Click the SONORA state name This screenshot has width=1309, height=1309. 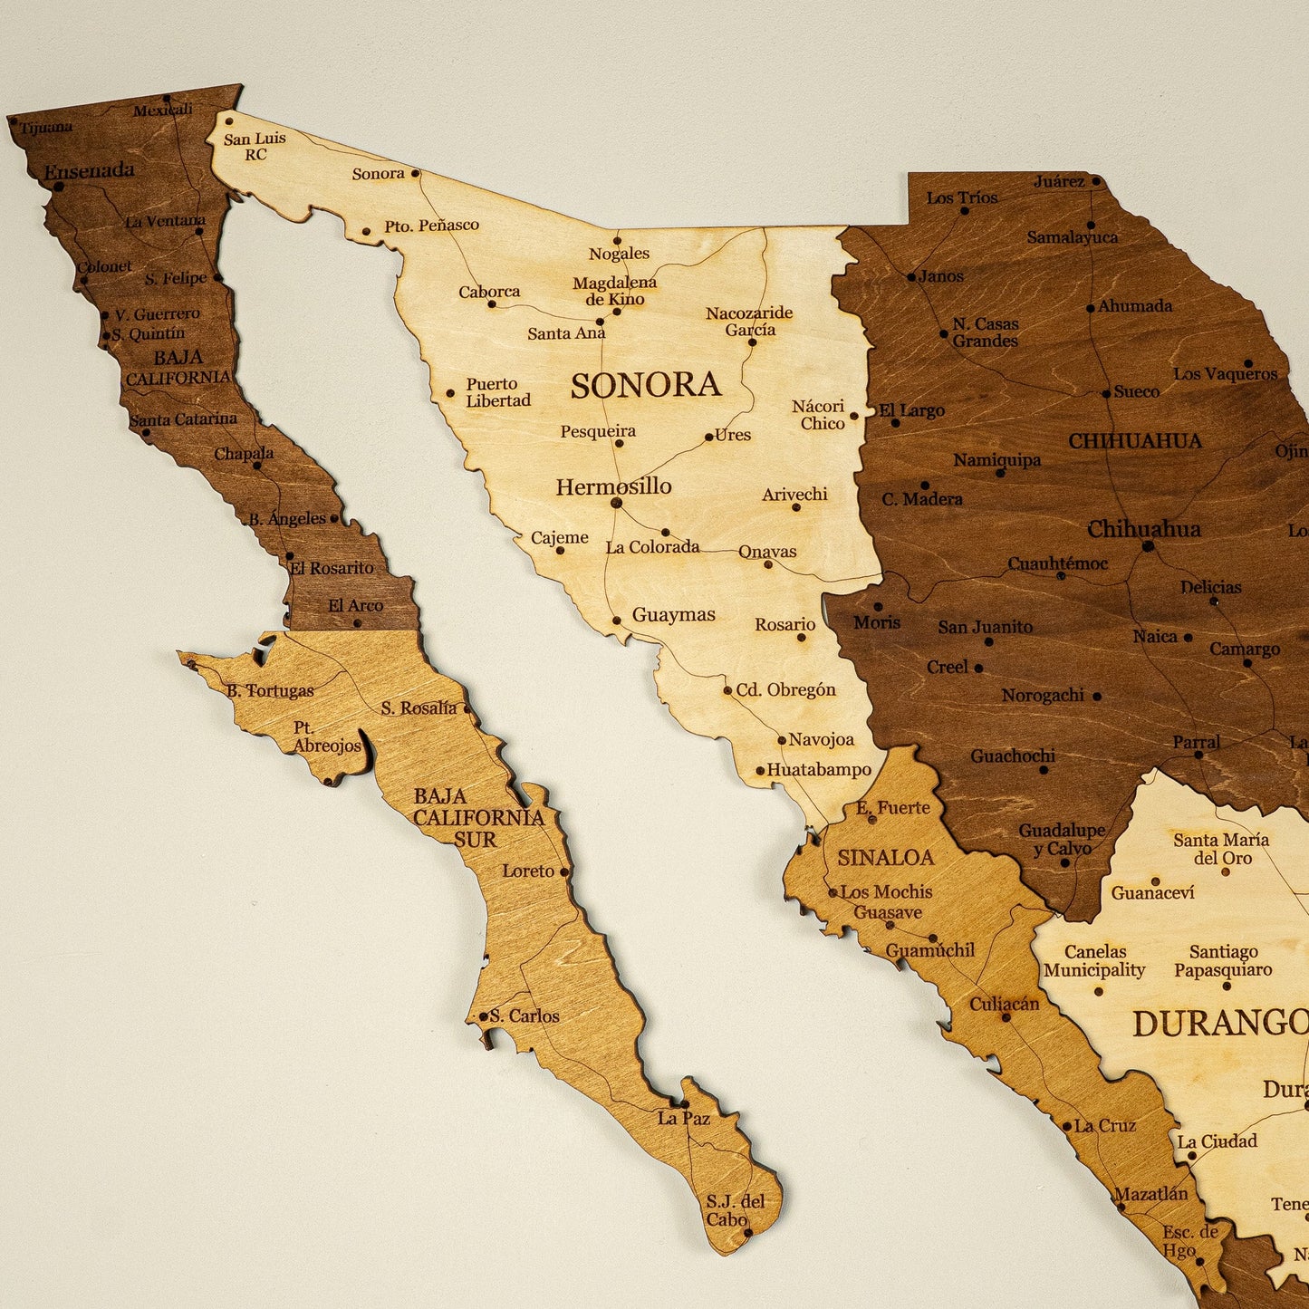tap(645, 385)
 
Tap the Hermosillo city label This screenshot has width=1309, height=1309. tap(613, 486)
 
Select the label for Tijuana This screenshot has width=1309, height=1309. tap(46, 128)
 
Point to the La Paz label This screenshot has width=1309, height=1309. tap(684, 1118)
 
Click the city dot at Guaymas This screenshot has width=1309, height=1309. tap(616, 621)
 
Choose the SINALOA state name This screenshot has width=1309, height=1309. tap(885, 857)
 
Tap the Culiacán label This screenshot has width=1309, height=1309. tap(1004, 1004)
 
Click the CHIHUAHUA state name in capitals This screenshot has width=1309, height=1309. tap(1134, 441)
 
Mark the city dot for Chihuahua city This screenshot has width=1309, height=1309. tap(1148, 545)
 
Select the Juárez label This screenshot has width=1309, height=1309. tap(1059, 181)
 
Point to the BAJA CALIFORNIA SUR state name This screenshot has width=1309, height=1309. tap(477, 817)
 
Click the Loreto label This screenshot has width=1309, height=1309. tap(528, 871)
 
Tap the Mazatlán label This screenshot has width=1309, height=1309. tap(1150, 1194)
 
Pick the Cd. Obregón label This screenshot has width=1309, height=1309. tap(785, 689)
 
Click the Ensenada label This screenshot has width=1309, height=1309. tap(89, 169)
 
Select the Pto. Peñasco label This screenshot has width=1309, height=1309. tap(431, 225)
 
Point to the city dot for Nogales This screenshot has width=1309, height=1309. tap(617, 241)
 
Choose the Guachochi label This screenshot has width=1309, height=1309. tap(1013, 756)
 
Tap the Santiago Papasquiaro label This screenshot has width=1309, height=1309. tap(1223, 960)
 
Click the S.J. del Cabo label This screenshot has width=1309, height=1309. tap(735, 1210)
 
